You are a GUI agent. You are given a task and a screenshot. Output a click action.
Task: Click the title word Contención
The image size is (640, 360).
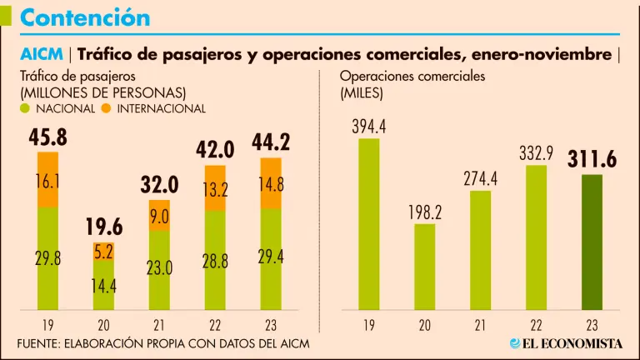click(x=84, y=17)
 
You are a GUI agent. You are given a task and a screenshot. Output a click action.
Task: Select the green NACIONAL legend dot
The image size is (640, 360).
click(x=26, y=108)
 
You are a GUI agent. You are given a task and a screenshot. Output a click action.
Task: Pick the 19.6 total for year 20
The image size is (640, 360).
click(x=103, y=227)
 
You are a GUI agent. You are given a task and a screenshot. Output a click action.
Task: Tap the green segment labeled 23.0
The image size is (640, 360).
click(x=159, y=268)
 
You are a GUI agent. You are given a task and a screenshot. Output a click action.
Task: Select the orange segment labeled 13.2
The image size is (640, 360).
click(x=215, y=191)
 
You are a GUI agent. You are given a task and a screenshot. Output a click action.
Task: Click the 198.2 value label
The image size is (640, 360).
click(x=425, y=212)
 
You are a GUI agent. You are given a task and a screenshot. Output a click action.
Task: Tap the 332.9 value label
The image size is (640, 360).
click(x=537, y=153)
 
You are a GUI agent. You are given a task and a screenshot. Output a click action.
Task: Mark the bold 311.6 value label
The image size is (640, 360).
click(x=592, y=160)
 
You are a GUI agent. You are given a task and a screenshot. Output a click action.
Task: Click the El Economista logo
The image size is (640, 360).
click(x=567, y=343)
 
